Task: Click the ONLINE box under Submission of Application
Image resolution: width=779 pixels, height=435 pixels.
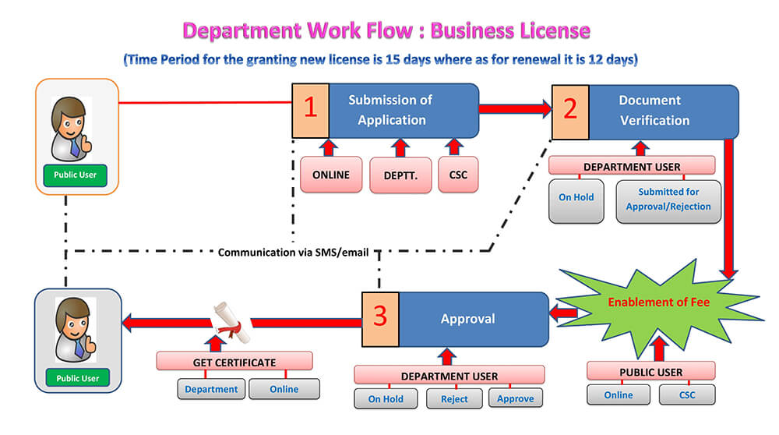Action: click(331, 175)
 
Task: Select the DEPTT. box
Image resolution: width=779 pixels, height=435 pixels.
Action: click(400, 175)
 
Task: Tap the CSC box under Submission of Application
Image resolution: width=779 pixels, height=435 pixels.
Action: click(458, 175)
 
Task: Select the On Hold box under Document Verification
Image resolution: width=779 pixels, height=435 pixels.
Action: click(576, 198)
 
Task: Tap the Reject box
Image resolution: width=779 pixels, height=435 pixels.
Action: click(454, 398)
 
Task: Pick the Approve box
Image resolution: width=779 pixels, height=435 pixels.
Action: click(516, 398)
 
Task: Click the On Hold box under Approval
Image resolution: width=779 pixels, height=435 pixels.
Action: click(386, 398)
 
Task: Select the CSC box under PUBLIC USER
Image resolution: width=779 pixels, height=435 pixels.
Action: click(686, 394)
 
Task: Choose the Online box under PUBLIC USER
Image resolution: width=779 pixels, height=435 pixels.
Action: click(619, 394)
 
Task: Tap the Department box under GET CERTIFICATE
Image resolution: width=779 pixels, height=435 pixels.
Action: click(212, 389)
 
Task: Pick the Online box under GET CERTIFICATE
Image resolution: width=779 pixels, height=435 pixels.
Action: click(284, 389)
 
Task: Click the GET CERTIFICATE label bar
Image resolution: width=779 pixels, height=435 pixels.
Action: click(234, 362)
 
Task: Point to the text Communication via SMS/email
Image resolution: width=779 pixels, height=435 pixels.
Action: click(293, 253)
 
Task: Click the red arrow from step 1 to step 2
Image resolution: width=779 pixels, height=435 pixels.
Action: click(514, 109)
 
